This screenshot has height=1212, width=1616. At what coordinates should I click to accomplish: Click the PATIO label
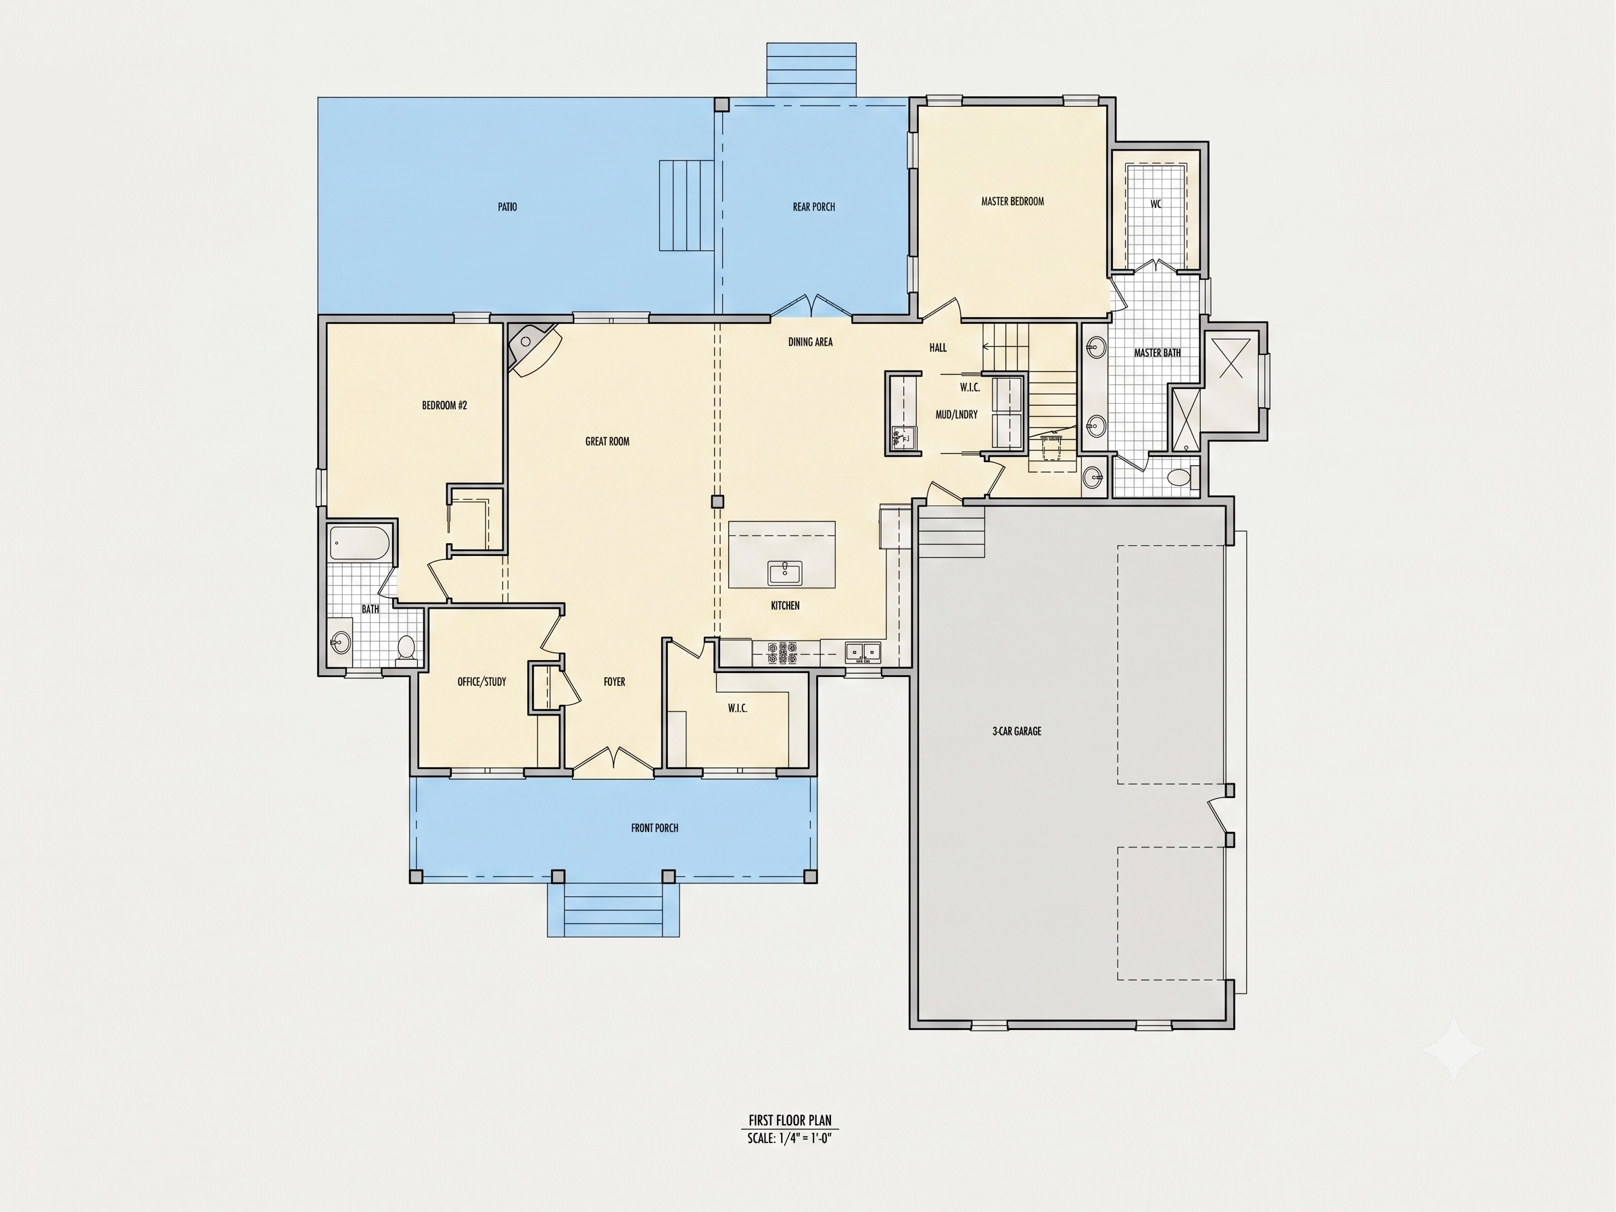pyautogui.click(x=507, y=207)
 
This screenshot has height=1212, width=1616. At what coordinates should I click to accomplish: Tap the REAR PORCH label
pyautogui.click(x=813, y=207)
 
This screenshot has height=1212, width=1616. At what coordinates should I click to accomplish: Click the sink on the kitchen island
pyautogui.click(x=784, y=573)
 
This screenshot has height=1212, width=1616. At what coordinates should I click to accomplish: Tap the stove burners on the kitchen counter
pyautogui.click(x=782, y=653)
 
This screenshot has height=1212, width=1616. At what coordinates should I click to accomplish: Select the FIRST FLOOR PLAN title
pyautogui.click(x=789, y=1121)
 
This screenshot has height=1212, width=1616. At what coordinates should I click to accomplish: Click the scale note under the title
pyautogui.click(x=789, y=1138)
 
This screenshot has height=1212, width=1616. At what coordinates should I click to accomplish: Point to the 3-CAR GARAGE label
pyautogui.click(x=1016, y=730)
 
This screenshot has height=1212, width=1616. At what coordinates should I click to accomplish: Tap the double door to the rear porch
pyautogui.click(x=811, y=307)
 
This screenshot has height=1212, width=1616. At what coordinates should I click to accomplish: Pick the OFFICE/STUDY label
pyautogui.click(x=481, y=682)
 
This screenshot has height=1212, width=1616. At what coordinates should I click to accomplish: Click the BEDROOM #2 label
pyautogui.click(x=444, y=404)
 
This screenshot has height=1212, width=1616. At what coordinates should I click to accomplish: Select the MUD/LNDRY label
pyautogui.click(x=956, y=414)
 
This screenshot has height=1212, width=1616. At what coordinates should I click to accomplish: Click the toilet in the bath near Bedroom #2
pyautogui.click(x=406, y=648)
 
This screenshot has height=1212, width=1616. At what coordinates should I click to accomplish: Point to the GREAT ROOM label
pyautogui.click(x=607, y=441)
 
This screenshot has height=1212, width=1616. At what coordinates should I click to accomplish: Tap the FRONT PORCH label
pyautogui.click(x=655, y=828)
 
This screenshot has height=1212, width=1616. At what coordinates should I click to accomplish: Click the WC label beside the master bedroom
pyautogui.click(x=1156, y=204)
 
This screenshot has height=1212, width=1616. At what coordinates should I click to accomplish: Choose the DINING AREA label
pyautogui.click(x=810, y=341)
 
